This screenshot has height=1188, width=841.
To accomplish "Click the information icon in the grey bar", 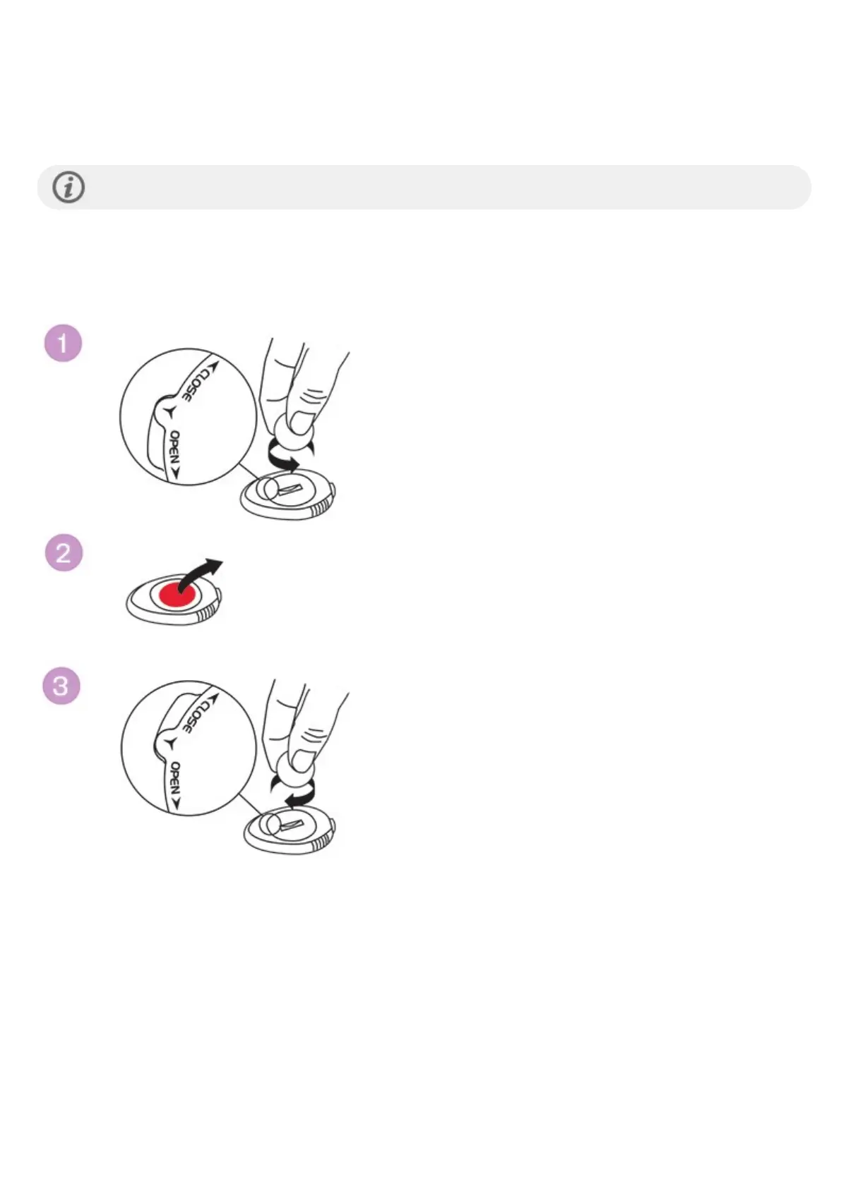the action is tap(68, 188).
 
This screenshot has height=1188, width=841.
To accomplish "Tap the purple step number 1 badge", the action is tap(63, 344).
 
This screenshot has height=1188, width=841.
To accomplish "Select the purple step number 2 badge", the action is tap(64, 552).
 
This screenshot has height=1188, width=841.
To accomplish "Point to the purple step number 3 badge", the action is tap(61, 686).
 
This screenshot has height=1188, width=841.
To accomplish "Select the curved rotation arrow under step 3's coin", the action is tap(297, 796).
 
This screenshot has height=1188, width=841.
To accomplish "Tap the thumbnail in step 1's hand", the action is tap(303, 423).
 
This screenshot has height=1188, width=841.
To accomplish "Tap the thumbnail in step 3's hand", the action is tap(304, 760).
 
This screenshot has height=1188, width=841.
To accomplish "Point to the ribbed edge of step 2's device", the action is tap(206, 614).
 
